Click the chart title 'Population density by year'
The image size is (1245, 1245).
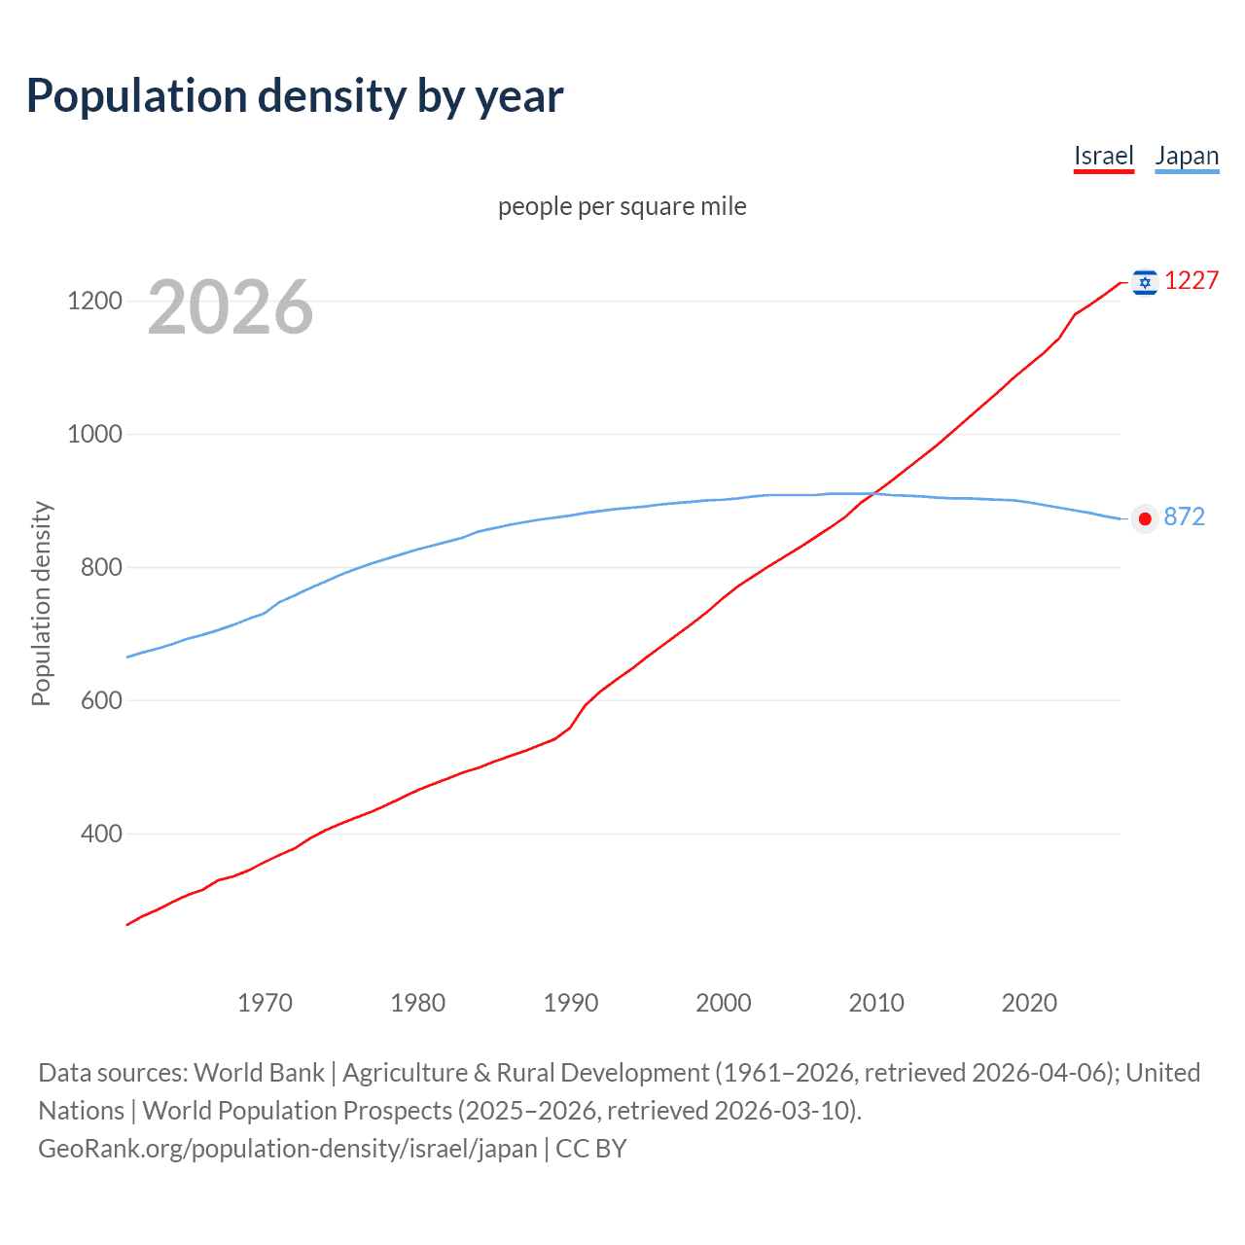295,96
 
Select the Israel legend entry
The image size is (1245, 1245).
1103,156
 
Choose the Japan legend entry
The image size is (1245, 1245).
1186,156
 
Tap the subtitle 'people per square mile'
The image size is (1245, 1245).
622,206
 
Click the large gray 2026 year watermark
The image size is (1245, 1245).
231,307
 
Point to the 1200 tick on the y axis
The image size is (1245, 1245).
94,301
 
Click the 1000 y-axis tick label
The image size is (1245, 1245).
94,434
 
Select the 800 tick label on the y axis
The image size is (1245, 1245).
101,567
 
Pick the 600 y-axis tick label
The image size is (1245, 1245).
101,700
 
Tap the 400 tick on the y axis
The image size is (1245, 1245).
101,834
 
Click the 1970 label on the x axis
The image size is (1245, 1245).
265,1003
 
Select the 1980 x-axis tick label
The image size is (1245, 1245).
417,1003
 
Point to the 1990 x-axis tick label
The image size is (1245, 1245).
571,1003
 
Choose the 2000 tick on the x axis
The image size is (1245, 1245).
724,1003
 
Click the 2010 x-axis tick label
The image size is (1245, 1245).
876,1003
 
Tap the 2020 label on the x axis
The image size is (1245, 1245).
1029,1003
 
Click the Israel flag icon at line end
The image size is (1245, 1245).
1145,282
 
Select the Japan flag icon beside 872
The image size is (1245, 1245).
1145,518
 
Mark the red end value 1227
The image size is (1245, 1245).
1191,280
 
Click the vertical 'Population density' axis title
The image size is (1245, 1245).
41,603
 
